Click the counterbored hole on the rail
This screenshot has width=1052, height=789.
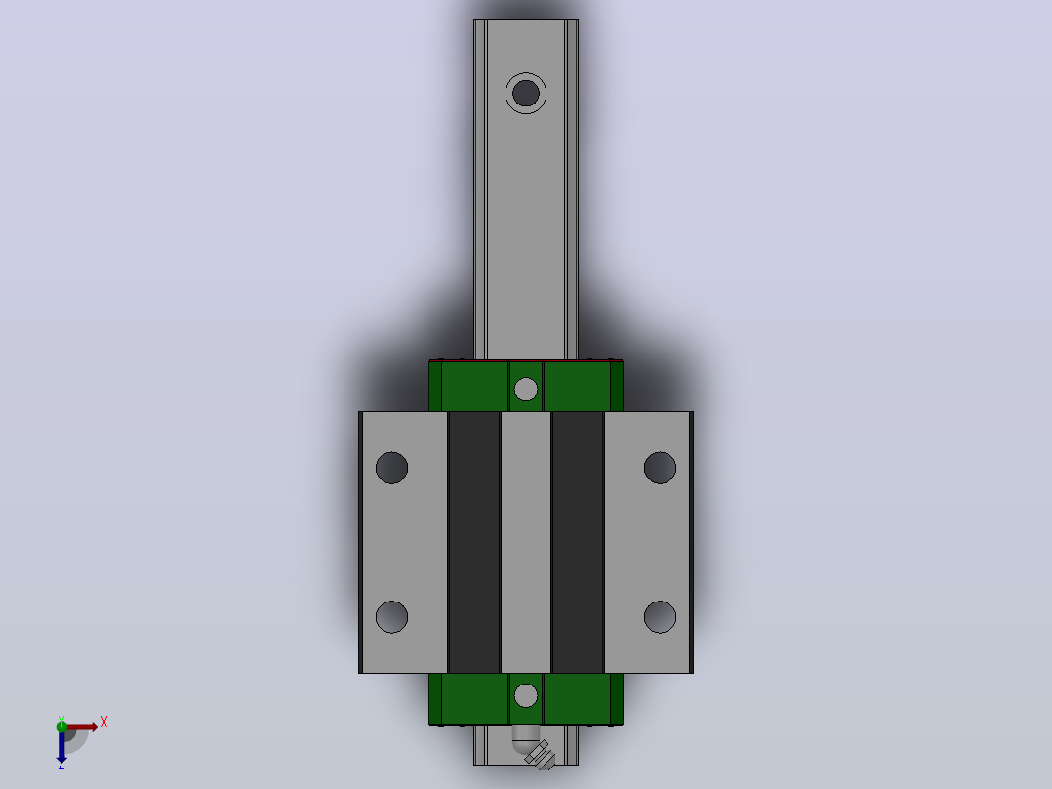click(x=525, y=94)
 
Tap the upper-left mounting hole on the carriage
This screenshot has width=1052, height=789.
click(x=392, y=468)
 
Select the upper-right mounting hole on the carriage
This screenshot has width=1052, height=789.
click(x=660, y=468)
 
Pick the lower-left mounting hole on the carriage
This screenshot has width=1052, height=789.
click(x=392, y=616)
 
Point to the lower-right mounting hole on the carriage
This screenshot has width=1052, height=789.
click(x=660, y=616)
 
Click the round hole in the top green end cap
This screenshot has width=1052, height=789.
click(x=525, y=389)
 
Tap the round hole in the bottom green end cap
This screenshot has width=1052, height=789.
click(x=525, y=695)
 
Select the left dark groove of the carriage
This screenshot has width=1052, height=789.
click(x=474, y=542)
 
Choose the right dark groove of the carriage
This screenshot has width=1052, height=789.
click(x=578, y=542)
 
